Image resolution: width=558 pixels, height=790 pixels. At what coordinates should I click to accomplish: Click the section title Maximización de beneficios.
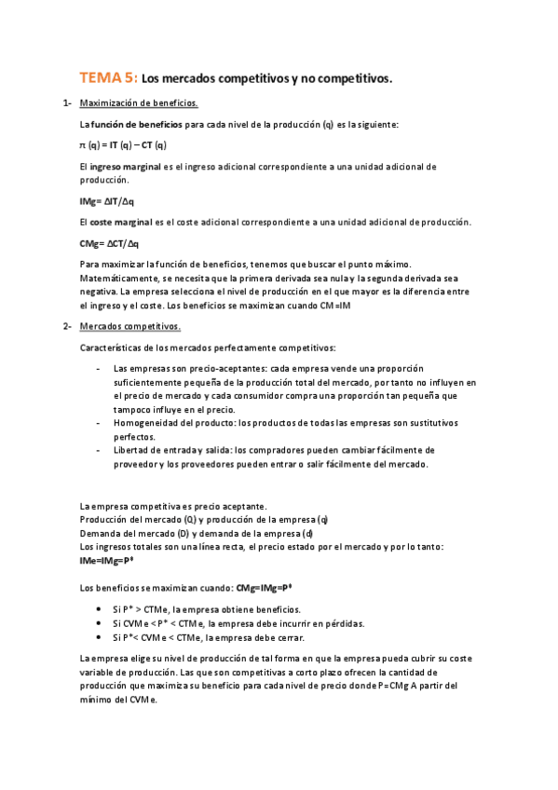tap(139, 103)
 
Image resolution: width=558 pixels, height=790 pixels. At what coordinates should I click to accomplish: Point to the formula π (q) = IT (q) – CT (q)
tap(123, 145)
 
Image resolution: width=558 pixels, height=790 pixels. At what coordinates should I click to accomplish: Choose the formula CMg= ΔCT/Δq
tap(109, 244)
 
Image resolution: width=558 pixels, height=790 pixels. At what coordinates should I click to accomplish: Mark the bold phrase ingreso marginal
tap(127, 167)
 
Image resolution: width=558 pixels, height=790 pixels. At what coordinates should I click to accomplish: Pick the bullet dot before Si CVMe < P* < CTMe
tap(100, 623)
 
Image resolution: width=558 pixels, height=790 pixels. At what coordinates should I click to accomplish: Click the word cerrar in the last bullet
tap(299, 637)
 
